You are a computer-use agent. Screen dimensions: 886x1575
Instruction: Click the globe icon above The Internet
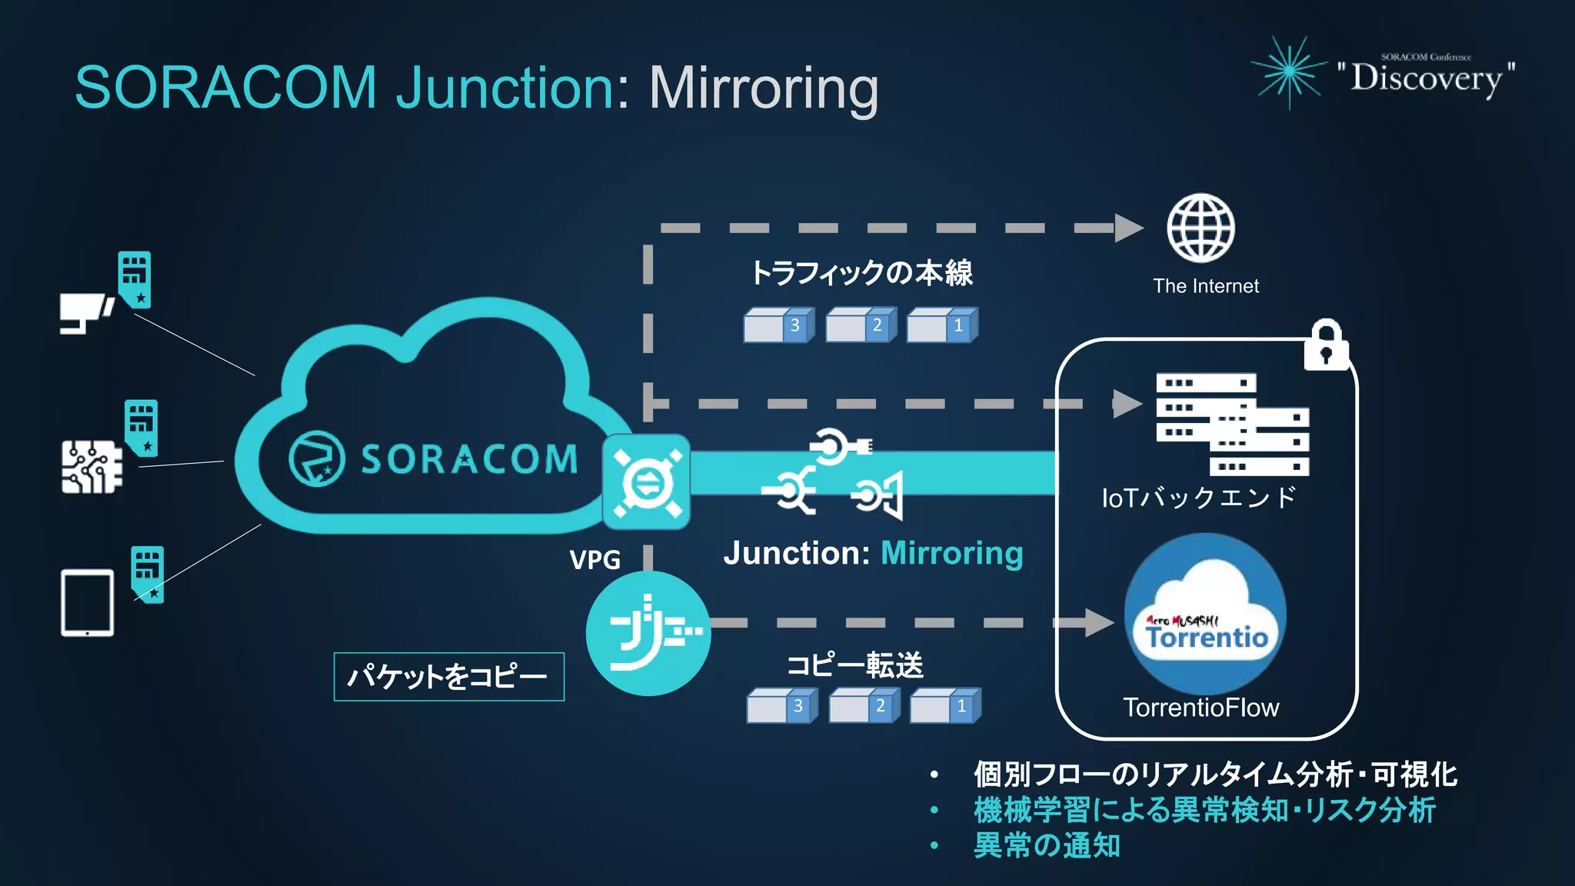click(x=1200, y=228)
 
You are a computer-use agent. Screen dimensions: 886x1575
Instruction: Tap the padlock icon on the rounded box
click(x=1326, y=346)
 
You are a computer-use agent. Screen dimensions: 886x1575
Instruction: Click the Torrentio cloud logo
click(x=1206, y=614)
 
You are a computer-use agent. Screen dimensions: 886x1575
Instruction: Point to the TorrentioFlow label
click(x=1200, y=708)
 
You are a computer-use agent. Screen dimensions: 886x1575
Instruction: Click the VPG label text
click(x=594, y=559)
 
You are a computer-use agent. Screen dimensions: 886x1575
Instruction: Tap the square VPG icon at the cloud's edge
click(x=646, y=482)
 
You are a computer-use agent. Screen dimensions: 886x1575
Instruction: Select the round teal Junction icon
click(x=648, y=633)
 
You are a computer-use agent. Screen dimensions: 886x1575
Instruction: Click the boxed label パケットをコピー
click(x=448, y=677)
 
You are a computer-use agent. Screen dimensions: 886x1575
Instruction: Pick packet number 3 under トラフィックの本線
click(x=778, y=325)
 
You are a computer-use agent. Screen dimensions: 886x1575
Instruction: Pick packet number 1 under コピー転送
click(x=945, y=706)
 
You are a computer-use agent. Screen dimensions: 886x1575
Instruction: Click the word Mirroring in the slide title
click(x=763, y=88)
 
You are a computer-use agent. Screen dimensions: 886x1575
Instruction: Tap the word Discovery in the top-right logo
click(x=1426, y=78)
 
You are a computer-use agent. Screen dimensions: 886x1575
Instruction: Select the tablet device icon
click(x=87, y=603)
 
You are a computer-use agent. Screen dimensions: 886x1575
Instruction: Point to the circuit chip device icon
click(x=92, y=466)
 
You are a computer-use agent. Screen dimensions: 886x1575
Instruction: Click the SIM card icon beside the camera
click(x=135, y=279)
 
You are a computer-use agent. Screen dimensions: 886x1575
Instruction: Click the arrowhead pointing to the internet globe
click(x=1129, y=228)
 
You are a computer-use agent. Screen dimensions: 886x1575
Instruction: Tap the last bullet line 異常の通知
click(x=1046, y=845)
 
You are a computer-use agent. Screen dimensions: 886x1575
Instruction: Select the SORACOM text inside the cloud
click(x=469, y=459)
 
